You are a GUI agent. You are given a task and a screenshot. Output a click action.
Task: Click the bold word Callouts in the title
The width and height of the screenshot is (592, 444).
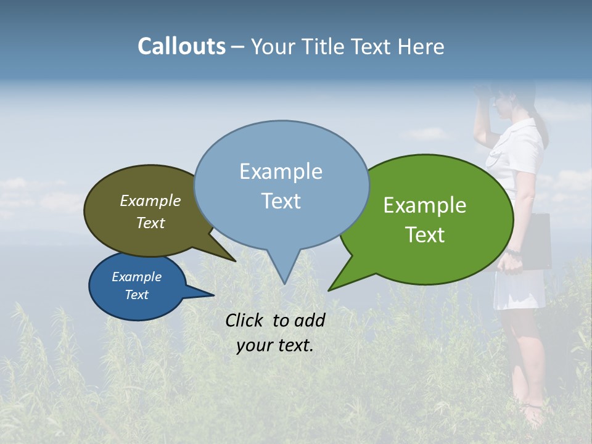(181, 47)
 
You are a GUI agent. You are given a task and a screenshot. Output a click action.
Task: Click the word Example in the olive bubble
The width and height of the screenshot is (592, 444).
(150, 201)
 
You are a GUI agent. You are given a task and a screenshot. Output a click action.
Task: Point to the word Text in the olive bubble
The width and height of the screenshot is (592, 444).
(150, 223)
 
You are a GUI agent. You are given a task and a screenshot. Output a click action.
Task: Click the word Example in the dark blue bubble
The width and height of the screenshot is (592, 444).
(136, 277)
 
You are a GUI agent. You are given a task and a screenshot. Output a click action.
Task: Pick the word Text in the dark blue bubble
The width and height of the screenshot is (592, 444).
(136, 295)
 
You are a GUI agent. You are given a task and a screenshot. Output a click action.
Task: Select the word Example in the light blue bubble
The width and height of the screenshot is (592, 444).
(281, 171)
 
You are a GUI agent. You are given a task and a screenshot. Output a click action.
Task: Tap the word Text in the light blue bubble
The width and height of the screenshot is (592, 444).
(281, 201)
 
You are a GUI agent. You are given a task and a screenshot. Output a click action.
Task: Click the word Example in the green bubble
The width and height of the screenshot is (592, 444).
(425, 205)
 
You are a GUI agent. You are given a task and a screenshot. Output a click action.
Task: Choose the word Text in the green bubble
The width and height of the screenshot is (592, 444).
(425, 235)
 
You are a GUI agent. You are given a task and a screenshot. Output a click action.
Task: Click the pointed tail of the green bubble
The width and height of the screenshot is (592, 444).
(329, 290)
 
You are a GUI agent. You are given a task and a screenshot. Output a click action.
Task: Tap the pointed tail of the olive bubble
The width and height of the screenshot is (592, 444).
(235, 261)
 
